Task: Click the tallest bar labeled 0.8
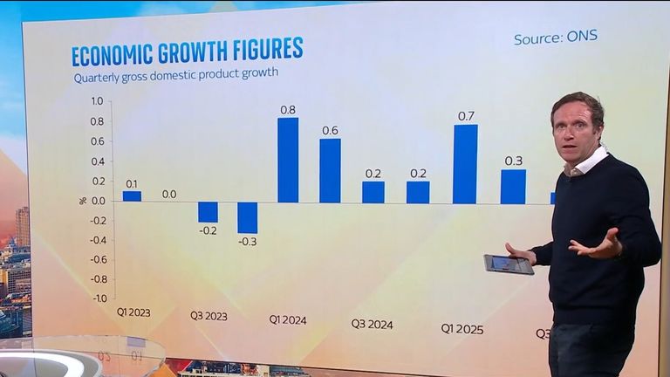pyautogui.click(x=288, y=160)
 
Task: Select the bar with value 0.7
pyautogui.click(x=465, y=164)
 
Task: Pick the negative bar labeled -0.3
pyautogui.click(x=248, y=217)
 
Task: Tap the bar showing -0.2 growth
pyautogui.click(x=208, y=212)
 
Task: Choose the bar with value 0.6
pyautogui.click(x=330, y=170)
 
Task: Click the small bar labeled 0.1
pyautogui.click(x=132, y=196)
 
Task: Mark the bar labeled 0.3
pyautogui.click(x=513, y=186)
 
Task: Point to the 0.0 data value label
pyautogui.click(x=169, y=194)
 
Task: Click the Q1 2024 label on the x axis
pyautogui.click(x=288, y=319)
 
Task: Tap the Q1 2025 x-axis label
pyautogui.click(x=461, y=329)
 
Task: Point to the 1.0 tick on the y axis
pyautogui.click(x=97, y=101)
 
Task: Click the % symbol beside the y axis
pyautogui.click(x=84, y=200)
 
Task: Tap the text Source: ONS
pyautogui.click(x=556, y=37)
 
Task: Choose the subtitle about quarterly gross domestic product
pyautogui.click(x=175, y=73)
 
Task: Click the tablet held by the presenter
pyautogui.click(x=509, y=264)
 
